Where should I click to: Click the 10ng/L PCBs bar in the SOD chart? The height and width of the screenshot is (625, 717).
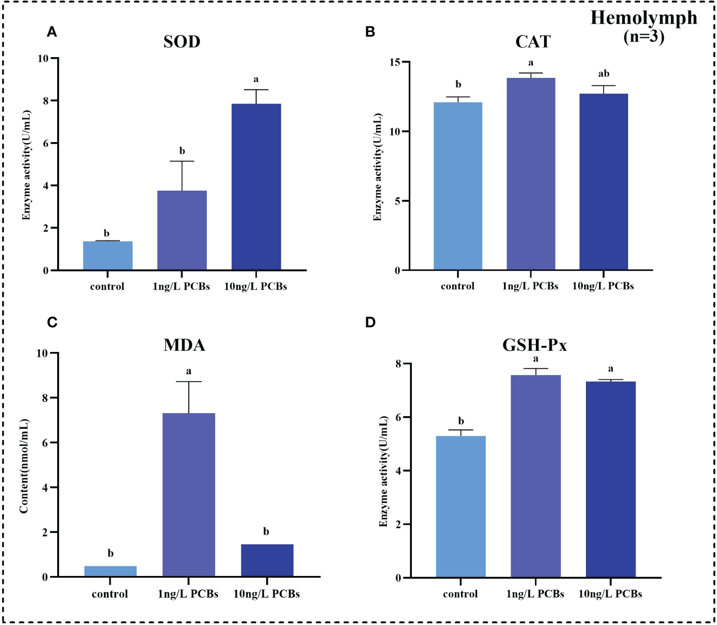pos(256,187)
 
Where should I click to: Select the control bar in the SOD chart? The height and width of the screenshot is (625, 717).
pos(108,255)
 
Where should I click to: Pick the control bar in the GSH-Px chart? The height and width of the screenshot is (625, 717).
pos(460,506)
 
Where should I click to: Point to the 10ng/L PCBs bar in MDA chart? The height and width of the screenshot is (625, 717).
pos(267,560)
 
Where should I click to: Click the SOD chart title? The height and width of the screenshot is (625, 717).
pos(182,41)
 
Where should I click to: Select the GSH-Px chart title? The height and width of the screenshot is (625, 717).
pos(534,345)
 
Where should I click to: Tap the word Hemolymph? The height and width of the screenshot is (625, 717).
pos(644,18)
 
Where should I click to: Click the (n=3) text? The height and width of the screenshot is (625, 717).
pos(644,36)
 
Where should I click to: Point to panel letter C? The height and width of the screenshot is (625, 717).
pos(52,323)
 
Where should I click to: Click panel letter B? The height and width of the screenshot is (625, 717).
pos(370,32)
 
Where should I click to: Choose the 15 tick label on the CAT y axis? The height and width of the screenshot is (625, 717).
pos(394,62)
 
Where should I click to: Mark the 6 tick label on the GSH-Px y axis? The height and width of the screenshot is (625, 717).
pos(398,417)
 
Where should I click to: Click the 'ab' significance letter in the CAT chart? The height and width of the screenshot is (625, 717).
pos(604,74)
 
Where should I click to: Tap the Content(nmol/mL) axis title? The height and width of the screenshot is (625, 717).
pos(24,466)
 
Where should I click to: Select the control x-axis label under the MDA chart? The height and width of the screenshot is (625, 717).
pos(110,594)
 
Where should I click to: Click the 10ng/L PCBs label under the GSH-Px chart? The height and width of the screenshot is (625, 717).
pos(610,594)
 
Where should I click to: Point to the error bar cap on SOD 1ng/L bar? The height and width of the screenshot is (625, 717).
pos(182,161)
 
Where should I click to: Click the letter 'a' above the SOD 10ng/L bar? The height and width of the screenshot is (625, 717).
pos(256,79)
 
